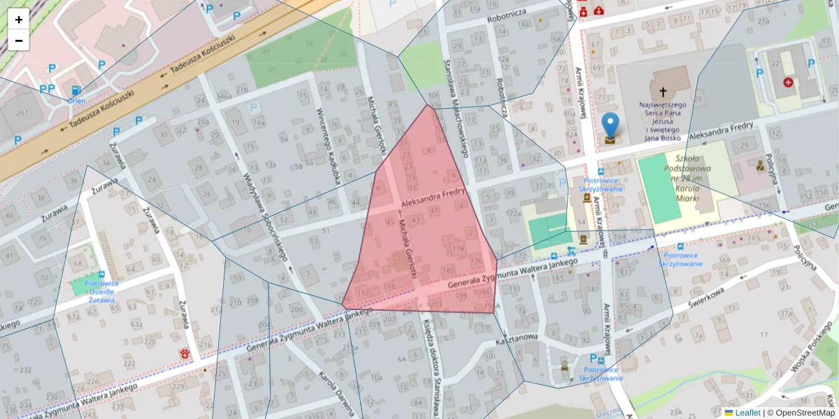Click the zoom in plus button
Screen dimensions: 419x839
click(x=19, y=20)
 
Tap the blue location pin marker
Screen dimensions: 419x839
click(x=610, y=126)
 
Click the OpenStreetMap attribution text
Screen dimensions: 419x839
click(x=805, y=413)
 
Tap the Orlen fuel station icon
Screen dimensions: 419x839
click(x=76, y=90)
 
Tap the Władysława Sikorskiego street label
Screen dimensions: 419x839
click(x=264, y=216)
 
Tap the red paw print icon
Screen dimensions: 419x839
click(x=186, y=353)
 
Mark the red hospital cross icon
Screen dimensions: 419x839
click(x=789, y=82)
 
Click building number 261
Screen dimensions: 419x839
click(x=22, y=113)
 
